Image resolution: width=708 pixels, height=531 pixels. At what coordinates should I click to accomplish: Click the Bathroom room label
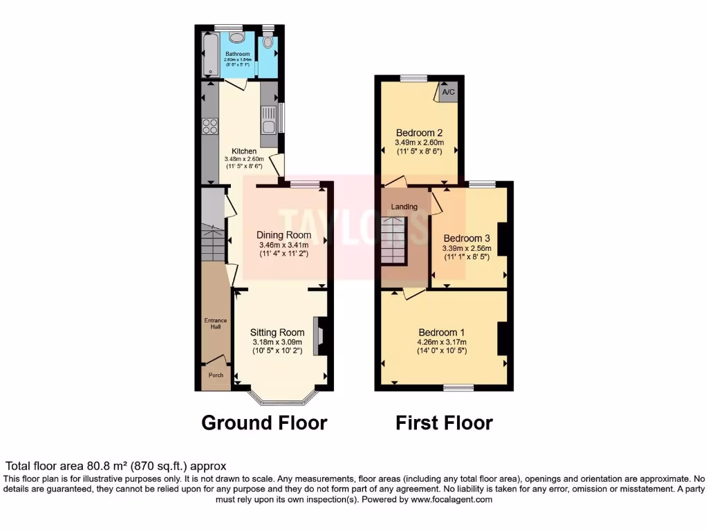[237, 54]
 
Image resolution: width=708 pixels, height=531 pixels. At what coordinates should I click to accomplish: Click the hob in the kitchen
[210, 127]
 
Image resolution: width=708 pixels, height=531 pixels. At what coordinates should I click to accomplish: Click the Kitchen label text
[244, 151]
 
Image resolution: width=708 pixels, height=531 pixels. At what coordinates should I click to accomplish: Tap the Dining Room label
[283, 235]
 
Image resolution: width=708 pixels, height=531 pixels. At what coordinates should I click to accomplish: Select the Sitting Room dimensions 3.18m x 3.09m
[277, 342]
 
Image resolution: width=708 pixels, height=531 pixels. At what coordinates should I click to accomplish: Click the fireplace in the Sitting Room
[319, 335]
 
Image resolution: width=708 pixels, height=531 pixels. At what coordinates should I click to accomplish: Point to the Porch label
[216, 376]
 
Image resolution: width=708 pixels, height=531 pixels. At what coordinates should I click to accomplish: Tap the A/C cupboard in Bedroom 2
[448, 92]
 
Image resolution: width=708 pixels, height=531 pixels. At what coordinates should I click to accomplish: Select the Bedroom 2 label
[419, 133]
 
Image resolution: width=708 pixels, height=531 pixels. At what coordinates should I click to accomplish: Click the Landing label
[404, 207]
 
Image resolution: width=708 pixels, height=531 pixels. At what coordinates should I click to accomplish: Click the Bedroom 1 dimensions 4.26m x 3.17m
[442, 342]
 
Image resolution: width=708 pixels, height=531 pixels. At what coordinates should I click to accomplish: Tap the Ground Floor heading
[264, 422]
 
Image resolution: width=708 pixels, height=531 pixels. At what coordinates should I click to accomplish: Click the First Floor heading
[444, 422]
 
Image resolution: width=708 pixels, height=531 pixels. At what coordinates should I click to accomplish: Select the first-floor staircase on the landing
[393, 240]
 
